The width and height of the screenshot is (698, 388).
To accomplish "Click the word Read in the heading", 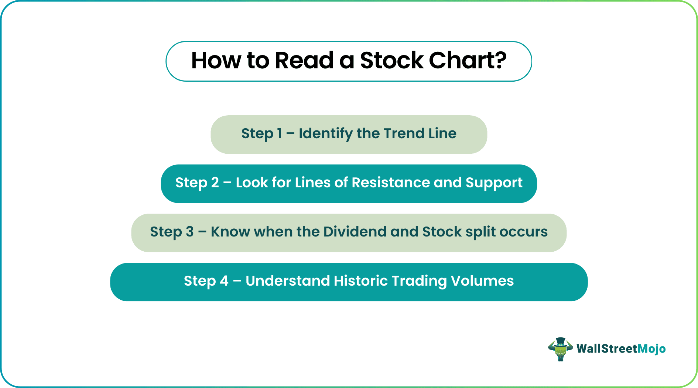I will [x=304, y=61].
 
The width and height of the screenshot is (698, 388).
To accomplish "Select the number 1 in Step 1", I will [x=279, y=133].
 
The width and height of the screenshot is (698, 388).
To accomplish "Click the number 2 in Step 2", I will [x=215, y=183].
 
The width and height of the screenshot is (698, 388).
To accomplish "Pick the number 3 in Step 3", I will [x=189, y=232].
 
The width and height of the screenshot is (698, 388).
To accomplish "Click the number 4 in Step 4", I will [x=224, y=281].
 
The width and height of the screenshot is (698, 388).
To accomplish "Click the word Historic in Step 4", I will [x=360, y=281].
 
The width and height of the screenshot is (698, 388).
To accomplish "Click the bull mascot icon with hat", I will [x=560, y=349].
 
